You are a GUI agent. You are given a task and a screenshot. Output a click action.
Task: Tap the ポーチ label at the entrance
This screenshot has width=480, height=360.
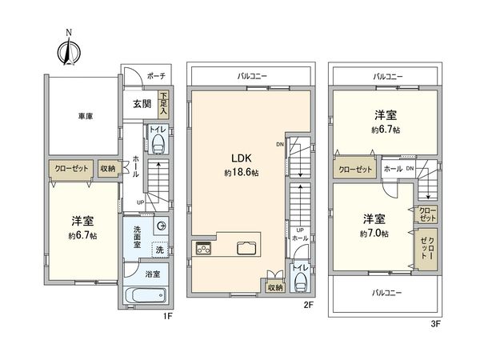(156, 76)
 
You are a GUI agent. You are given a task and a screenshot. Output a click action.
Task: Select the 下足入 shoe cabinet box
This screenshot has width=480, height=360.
(164, 102)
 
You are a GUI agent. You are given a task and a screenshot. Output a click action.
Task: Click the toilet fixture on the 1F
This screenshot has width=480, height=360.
(158, 142)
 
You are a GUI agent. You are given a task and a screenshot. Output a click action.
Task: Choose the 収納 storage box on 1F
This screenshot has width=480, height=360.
(108, 168)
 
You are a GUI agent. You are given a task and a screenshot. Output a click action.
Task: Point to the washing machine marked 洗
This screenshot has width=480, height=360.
(158, 250)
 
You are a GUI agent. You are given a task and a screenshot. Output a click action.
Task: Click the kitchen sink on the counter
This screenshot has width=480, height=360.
(244, 248)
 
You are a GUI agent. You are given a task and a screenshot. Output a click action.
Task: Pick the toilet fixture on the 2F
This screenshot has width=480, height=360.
(300, 281)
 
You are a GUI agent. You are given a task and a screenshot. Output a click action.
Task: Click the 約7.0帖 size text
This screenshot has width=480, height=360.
(374, 233)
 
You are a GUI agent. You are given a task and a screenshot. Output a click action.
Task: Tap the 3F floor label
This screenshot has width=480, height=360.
(435, 323)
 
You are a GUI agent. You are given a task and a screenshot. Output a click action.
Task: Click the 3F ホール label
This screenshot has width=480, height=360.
(392, 170)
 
